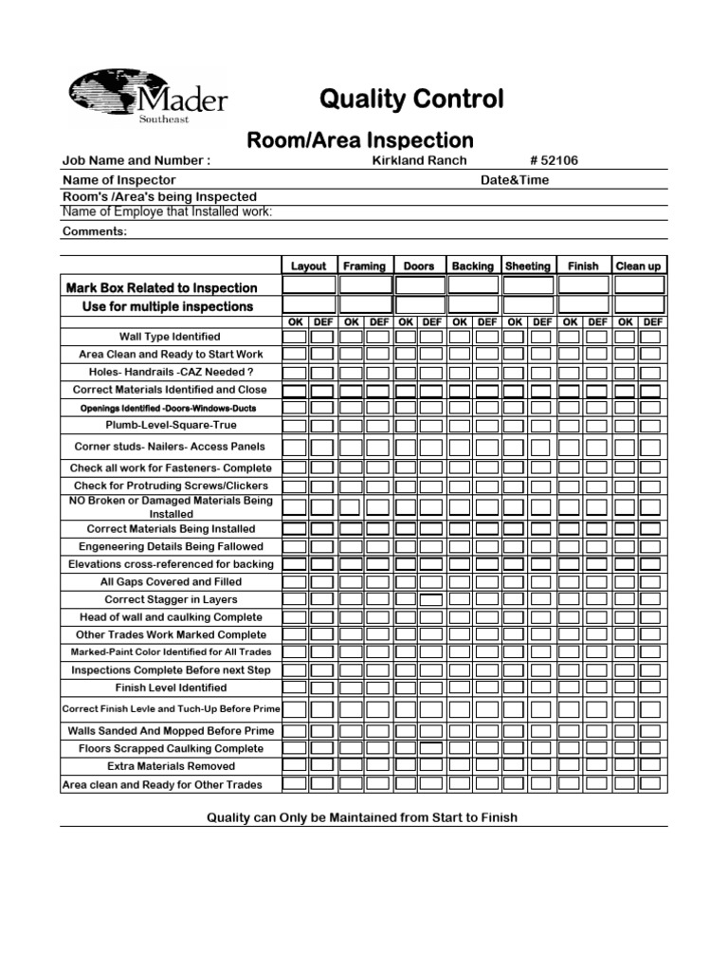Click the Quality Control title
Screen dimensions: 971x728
412,100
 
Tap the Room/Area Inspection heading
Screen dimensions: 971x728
360,140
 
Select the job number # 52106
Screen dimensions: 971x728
554,160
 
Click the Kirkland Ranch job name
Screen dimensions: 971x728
419,160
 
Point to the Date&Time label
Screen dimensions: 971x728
515,179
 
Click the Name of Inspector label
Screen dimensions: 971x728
119,179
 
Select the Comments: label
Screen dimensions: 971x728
95,231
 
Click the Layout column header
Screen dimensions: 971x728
308,266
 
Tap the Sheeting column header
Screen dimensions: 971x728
527,266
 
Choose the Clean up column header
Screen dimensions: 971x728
638,266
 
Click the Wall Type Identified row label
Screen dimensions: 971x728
170,337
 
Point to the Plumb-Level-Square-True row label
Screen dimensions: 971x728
172,425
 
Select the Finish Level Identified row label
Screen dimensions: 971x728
171,687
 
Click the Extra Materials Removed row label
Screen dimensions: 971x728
171,766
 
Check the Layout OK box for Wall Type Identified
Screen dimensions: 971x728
295,337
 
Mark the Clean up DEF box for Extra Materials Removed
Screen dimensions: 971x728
652,766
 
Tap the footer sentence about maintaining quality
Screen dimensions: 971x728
362,817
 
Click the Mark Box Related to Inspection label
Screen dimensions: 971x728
161,287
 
